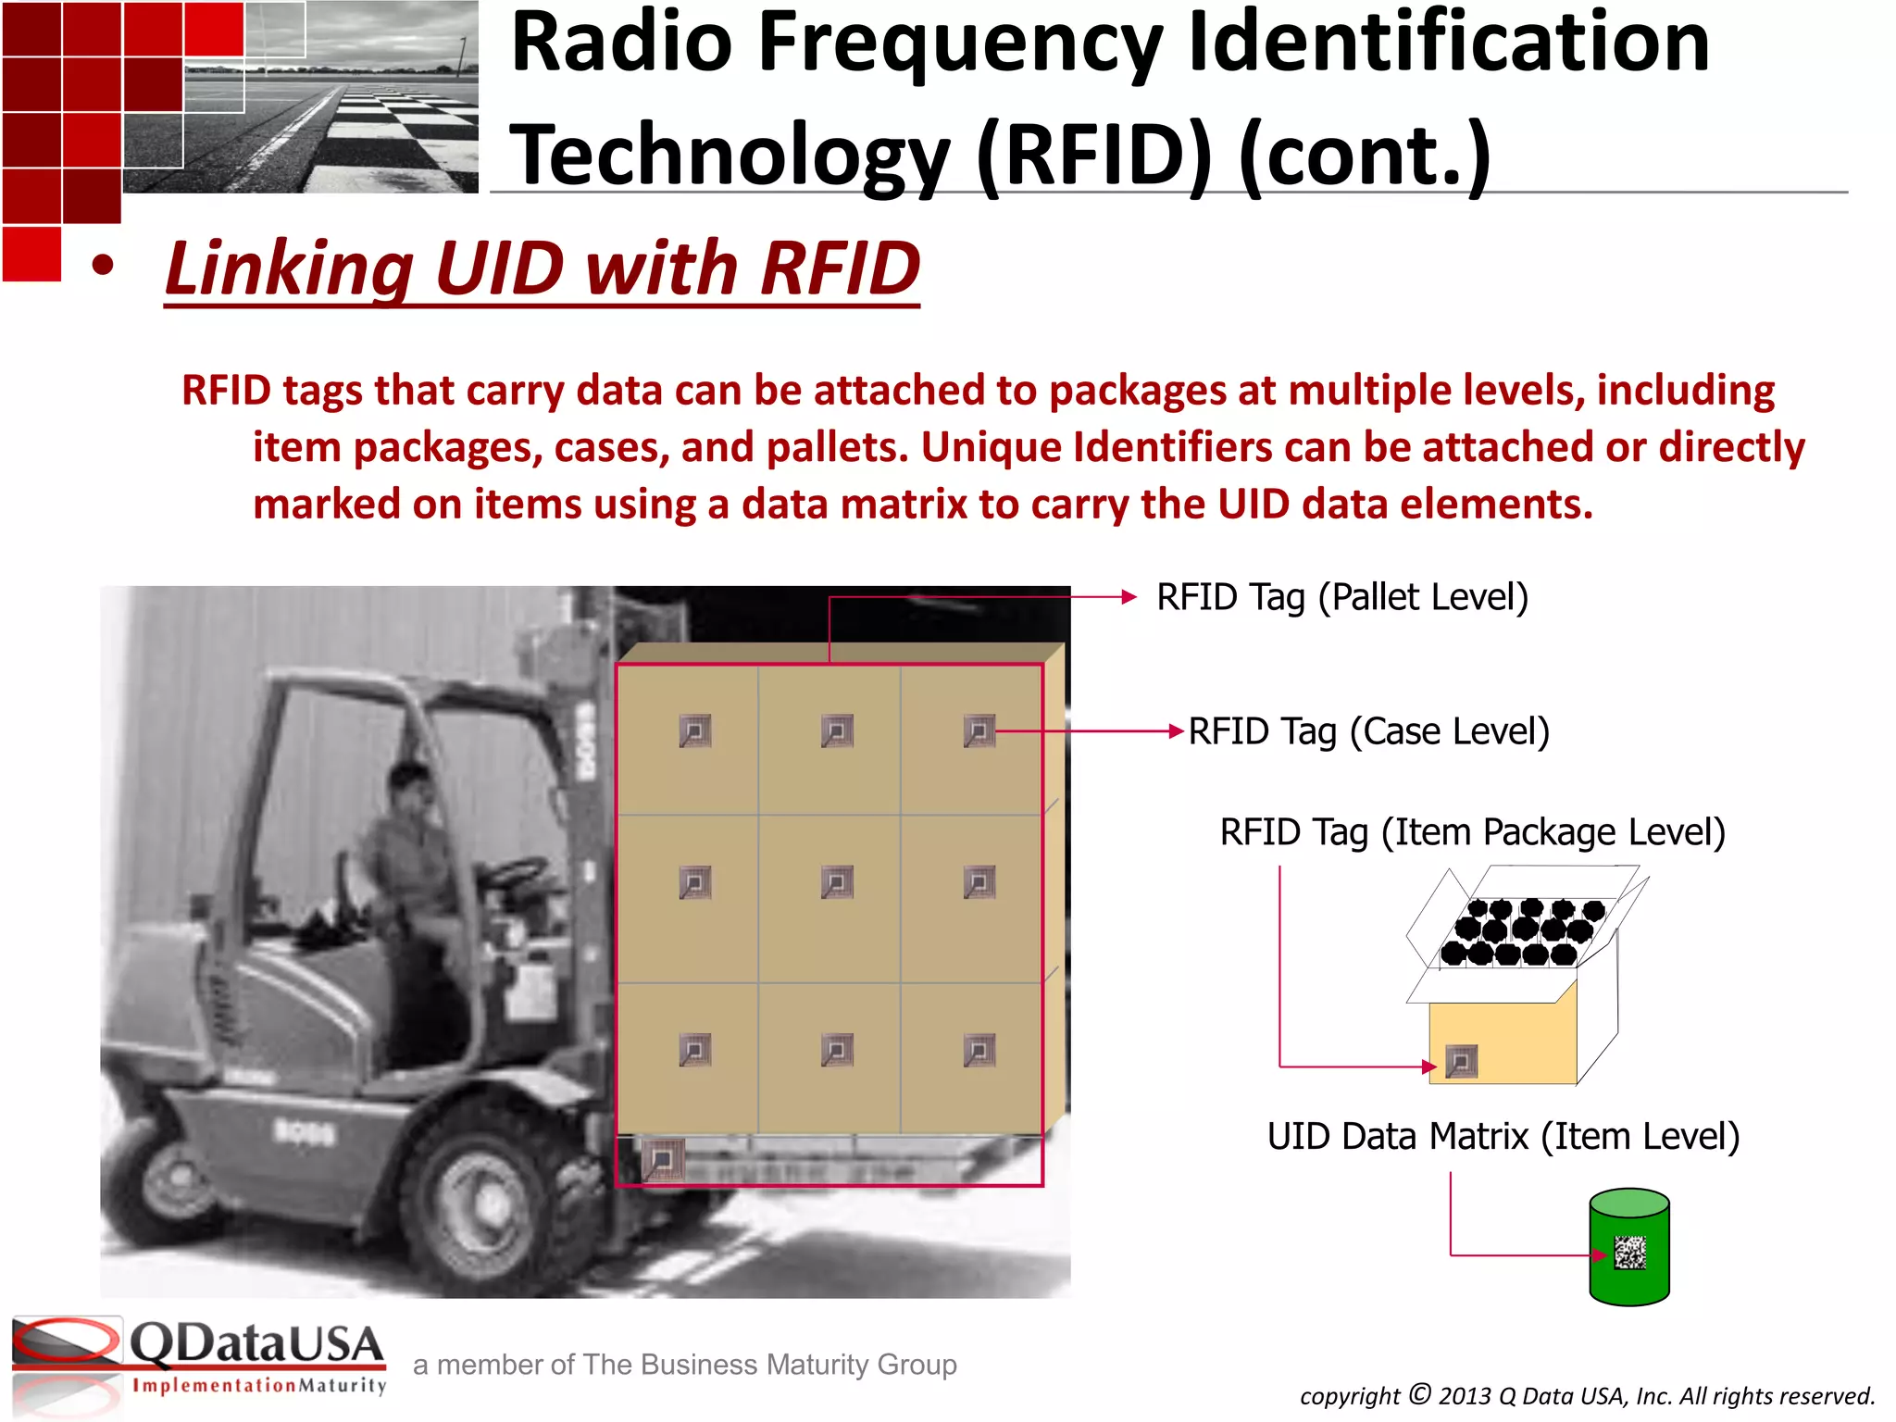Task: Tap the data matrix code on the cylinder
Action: (x=1630, y=1253)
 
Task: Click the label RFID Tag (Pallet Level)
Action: (x=1341, y=598)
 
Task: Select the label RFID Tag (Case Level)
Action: (x=1368, y=732)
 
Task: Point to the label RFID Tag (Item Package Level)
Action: (x=1472, y=832)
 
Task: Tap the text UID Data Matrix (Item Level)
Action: (x=1503, y=1137)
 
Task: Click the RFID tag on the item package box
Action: (x=1461, y=1061)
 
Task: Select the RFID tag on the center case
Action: (x=837, y=882)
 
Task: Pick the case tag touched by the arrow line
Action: (x=979, y=731)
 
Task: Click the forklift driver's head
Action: (x=407, y=787)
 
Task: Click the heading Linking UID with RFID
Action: (x=543, y=268)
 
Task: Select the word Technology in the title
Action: (x=731, y=156)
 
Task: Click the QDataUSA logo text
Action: (x=256, y=1344)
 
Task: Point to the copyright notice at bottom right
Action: (x=1587, y=1396)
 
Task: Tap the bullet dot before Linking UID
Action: (x=103, y=267)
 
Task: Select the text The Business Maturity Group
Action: (x=770, y=1365)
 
